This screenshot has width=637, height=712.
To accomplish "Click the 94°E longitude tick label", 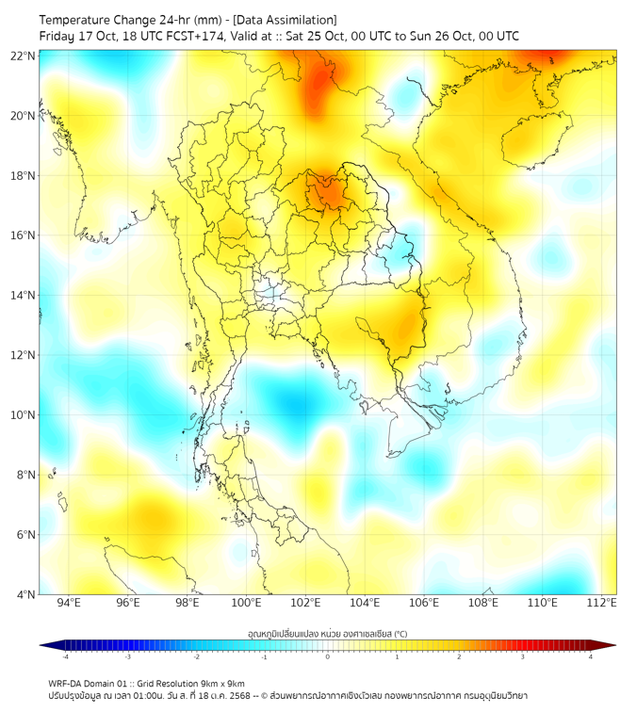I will pyautogui.click(x=69, y=603).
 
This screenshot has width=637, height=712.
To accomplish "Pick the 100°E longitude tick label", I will pyautogui.click(x=246, y=603).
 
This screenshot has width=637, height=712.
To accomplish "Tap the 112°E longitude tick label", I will pyautogui.click(x=601, y=603).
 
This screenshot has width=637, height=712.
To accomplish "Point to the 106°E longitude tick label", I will pyautogui.click(x=424, y=603).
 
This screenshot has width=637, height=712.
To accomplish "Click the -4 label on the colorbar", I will pyautogui.click(x=64, y=656).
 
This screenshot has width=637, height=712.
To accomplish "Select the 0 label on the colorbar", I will pyautogui.click(x=328, y=656).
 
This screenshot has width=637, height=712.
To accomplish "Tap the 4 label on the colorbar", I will pyautogui.click(x=591, y=656).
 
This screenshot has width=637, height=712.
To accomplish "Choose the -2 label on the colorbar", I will pyautogui.click(x=195, y=656).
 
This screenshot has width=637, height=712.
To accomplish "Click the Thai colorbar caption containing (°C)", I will pyautogui.click(x=327, y=632).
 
